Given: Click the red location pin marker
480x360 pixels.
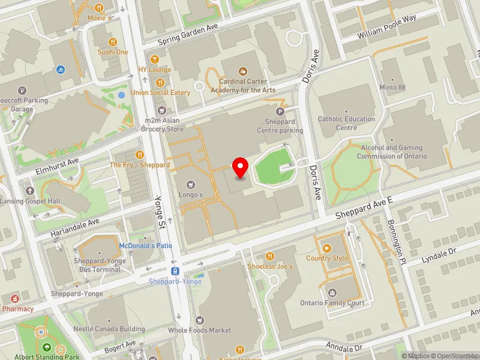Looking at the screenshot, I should pos(241,167).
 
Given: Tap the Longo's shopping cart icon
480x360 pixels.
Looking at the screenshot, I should pos(191,185).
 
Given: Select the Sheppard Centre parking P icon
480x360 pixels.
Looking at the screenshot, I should pos(280,111).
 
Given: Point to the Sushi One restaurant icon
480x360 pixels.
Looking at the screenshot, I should pos(112,41).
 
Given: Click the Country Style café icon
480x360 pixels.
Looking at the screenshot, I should pos(327,248).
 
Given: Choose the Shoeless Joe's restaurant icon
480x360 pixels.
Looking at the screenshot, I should pos(269,256).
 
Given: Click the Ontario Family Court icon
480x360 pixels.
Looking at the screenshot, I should pos(332,293).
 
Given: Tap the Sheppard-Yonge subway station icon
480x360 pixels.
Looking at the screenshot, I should pos(175,271).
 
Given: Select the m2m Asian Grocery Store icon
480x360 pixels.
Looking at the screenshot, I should pos(161,110).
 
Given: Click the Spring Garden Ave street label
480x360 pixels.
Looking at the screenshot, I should pos(188,41).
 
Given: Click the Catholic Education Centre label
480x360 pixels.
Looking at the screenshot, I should pos(346,123).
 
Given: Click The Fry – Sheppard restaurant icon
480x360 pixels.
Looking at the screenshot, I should pos(139,154).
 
